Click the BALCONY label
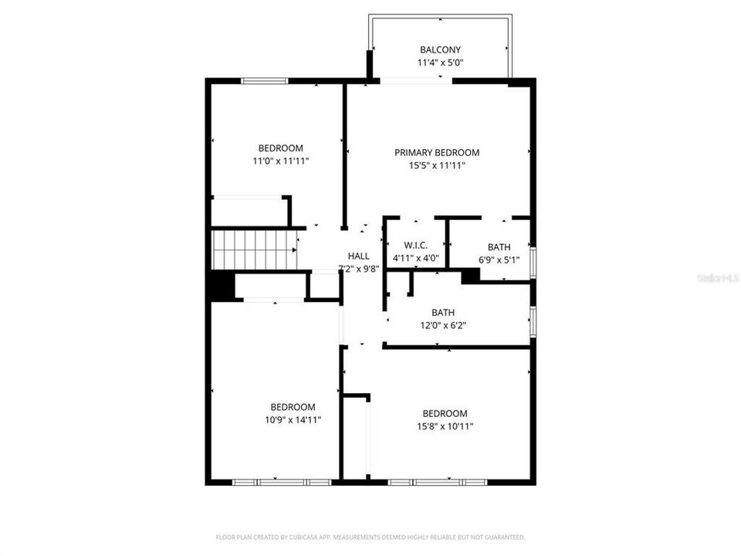440,50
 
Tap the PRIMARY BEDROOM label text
437,153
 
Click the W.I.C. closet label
415,246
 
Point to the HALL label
358,256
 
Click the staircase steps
255,249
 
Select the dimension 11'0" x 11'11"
280,161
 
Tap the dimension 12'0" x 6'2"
442,325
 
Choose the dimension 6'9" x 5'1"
499,260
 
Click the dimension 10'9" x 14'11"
293,420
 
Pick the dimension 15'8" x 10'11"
445,426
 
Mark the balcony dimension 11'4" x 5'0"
440,63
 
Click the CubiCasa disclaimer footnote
370,537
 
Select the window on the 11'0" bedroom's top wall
265,81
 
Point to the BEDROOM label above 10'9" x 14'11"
293,408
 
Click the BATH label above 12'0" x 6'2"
442,313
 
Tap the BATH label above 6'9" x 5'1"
499,248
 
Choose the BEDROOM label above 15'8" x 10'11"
445,414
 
